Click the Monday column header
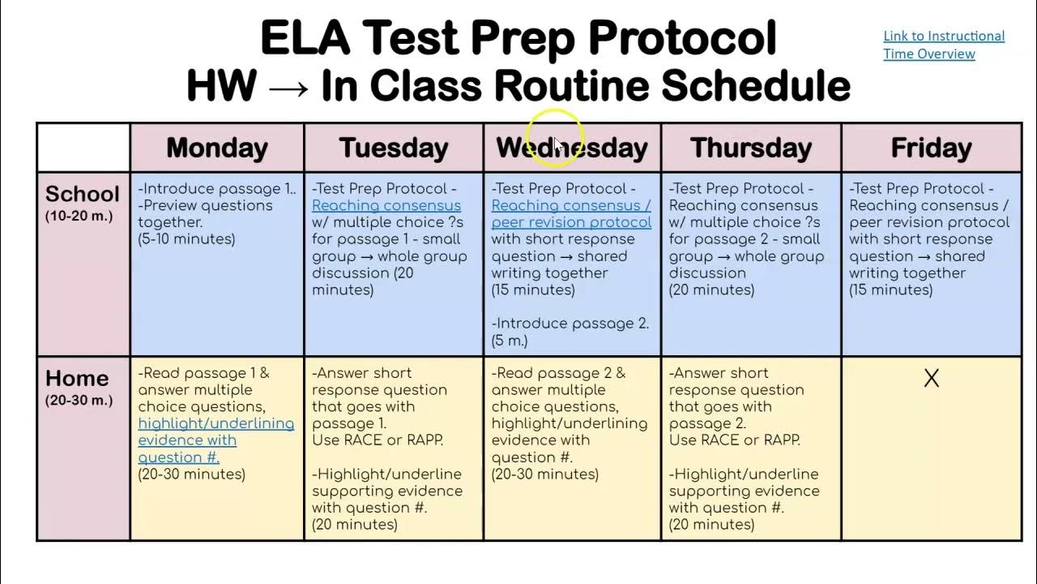pyautogui.click(x=216, y=148)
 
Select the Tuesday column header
pyautogui.click(x=393, y=148)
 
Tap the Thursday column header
pyautogui.click(x=750, y=148)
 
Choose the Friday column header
pyautogui.click(x=930, y=148)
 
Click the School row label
pyautogui.click(x=82, y=195)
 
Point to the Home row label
pyautogui.click(x=77, y=379)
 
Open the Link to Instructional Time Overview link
pyautogui.click(x=943, y=45)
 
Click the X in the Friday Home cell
pyautogui.click(x=931, y=379)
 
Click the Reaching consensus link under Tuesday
pyautogui.click(x=386, y=206)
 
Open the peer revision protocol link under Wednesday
pyautogui.click(x=570, y=222)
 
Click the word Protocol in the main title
pyautogui.click(x=682, y=38)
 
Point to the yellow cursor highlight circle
pyautogui.click(x=554, y=138)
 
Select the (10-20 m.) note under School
pyautogui.click(x=79, y=217)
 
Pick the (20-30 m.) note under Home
pyautogui.click(x=79, y=400)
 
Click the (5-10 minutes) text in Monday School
pyautogui.click(x=186, y=239)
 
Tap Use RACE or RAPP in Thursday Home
pyautogui.click(x=734, y=440)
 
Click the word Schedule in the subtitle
pyautogui.click(x=755, y=86)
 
